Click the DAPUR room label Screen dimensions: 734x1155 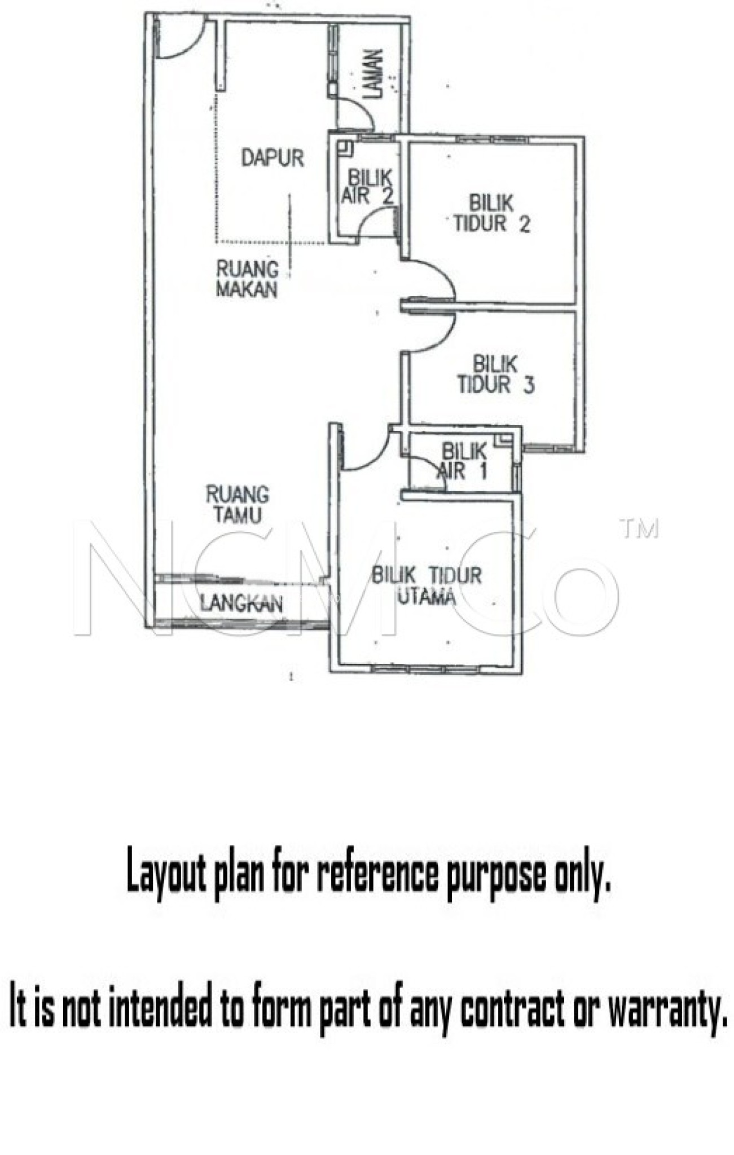tap(272, 158)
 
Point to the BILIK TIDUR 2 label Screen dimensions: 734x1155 tap(492, 214)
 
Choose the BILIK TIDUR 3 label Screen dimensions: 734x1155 tap(495, 374)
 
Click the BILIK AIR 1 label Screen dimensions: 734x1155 tap(463, 461)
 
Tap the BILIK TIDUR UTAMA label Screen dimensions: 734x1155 tap(427, 585)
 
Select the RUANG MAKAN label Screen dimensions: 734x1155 tap(248, 279)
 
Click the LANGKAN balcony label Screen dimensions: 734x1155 tap(241, 604)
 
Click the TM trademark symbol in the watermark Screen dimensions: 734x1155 tap(639, 529)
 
